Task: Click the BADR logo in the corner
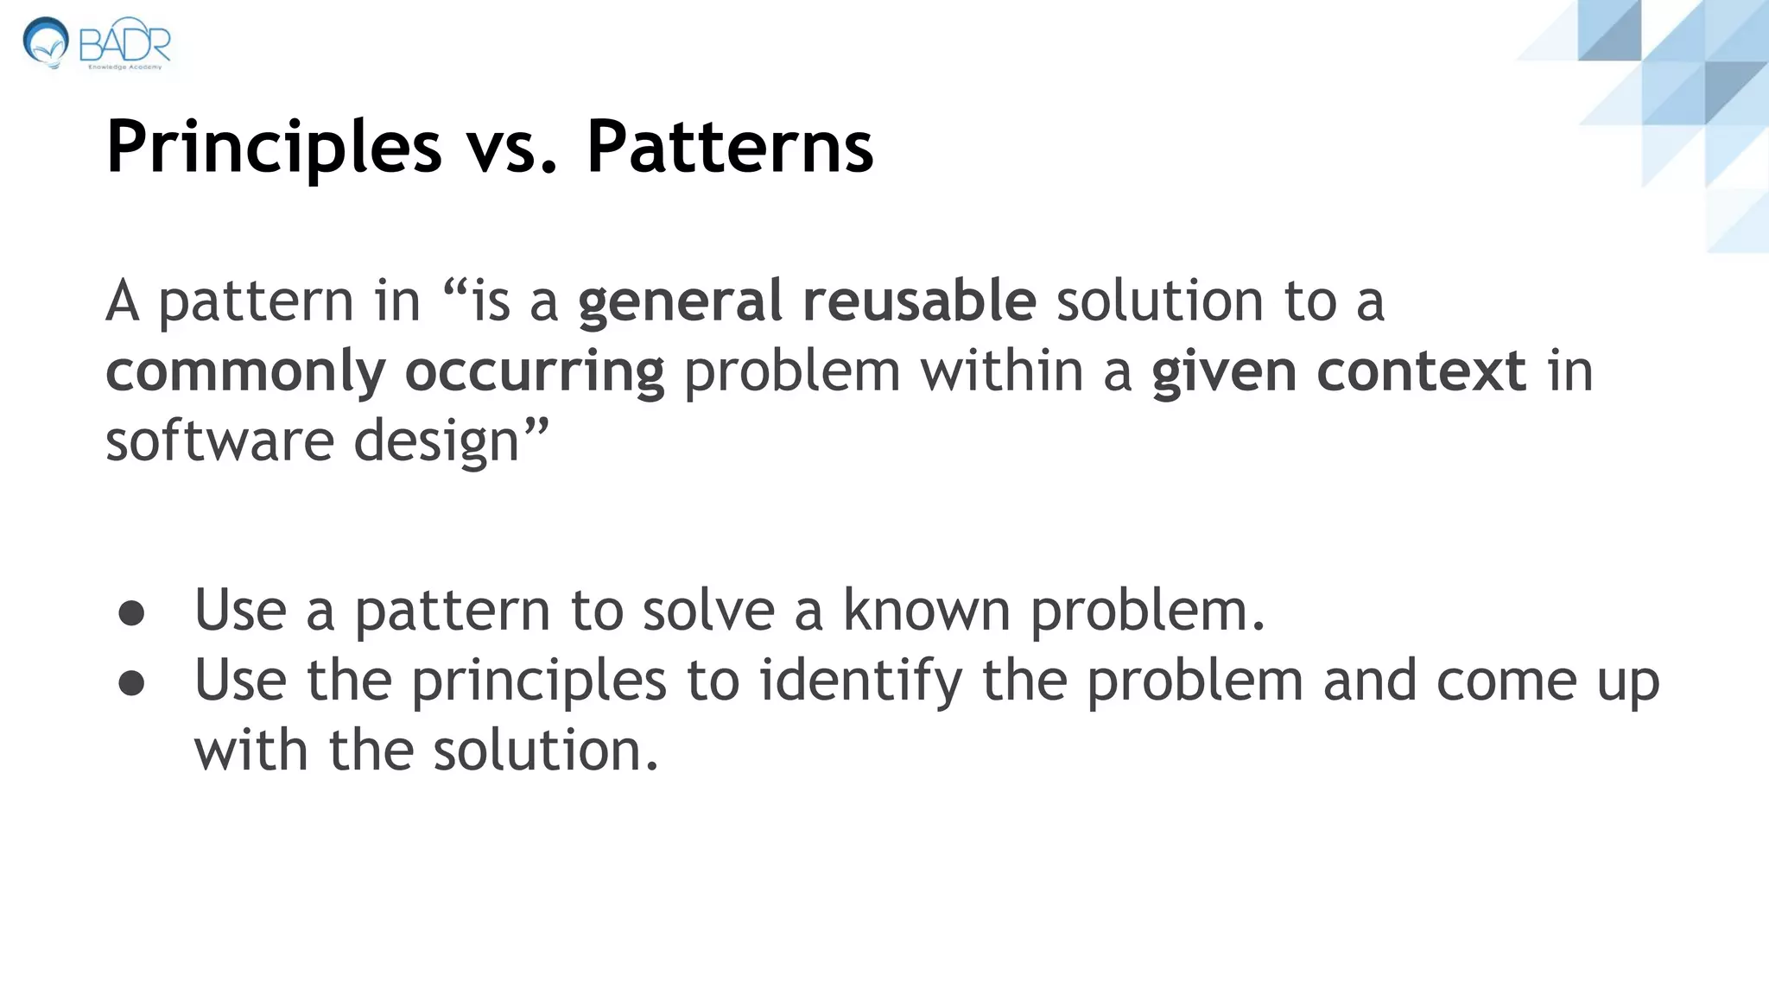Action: coord(97,43)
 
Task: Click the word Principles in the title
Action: coord(274,147)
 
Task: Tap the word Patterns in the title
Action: coord(730,147)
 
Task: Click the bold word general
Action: coord(680,302)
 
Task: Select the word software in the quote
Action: coord(219,440)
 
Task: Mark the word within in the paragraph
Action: coord(1001,371)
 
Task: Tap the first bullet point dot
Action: coord(131,613)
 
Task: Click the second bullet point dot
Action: coord(131,683)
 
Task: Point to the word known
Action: coord(926,611)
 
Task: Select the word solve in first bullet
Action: coord(708,611)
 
